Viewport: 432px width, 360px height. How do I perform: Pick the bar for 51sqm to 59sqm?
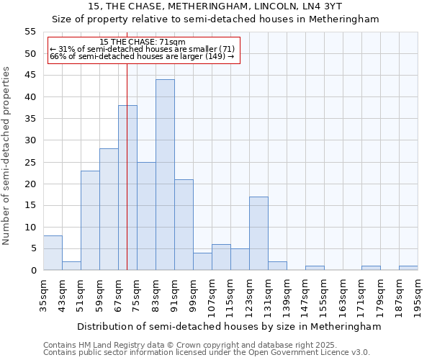coord(90,220)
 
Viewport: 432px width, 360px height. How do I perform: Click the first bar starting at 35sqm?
coord(53,253)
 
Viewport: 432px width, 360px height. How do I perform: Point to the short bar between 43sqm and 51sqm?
coord(71,266)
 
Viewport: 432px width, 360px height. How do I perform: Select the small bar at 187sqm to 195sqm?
coord(408,268)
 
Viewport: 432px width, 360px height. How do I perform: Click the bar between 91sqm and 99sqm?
coord(184,225)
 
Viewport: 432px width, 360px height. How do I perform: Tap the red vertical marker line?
coord(127,166)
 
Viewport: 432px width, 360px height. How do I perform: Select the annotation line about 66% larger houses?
coord(142,56)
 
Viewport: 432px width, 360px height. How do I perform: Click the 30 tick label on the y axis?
coord(30,140)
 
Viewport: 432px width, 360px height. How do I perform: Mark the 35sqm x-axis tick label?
coord(44,294)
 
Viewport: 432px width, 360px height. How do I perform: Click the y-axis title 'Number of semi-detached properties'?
coord(7,156)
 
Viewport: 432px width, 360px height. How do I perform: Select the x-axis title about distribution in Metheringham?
coord(230,326)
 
